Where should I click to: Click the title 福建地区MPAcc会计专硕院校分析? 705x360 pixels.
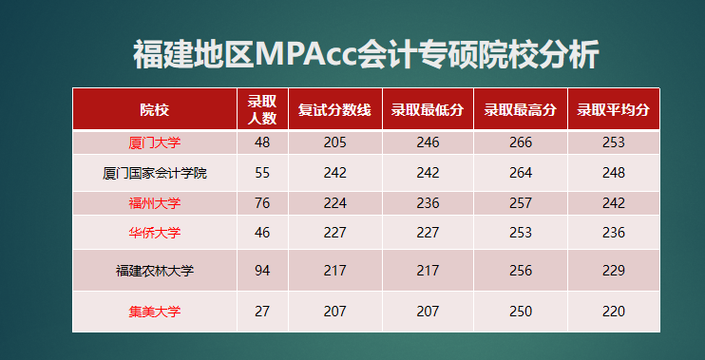coord(366,54)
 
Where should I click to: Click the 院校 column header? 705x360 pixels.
coord(154,110)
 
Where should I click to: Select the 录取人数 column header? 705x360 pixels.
coord(262,110)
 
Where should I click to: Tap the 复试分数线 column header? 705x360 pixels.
coord(334,110)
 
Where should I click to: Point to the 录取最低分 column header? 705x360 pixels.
coord(428,110)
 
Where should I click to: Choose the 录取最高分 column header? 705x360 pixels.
coord(520,110)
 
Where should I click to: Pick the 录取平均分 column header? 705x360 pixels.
coord(614,110)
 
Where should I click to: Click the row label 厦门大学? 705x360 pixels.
coord(154,142)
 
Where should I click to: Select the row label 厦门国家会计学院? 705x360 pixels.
coord(154,173)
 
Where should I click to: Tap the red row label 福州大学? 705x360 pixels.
coord(154,203)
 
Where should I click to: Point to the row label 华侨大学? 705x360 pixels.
coord(154,233)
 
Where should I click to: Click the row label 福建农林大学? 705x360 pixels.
coord(154,271)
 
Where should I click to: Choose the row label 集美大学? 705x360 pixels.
coord(154,311)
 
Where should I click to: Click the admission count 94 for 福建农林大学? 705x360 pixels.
coord(262,271)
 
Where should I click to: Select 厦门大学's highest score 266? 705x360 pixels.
coord(521,142)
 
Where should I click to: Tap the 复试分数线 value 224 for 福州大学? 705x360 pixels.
coord(334,203)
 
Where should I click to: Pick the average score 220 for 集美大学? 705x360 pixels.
coord(614,311)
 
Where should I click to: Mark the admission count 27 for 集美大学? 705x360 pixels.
coord(262,311)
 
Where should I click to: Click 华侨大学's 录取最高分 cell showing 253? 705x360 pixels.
coord(521,233)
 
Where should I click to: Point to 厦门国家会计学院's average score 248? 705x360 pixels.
coord(614,173)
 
